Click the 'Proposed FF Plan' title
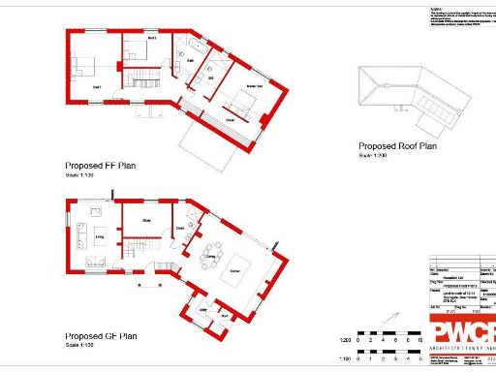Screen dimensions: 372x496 coord(101,166)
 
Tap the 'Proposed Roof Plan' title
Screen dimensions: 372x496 coord(397,147)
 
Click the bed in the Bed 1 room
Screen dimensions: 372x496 coord(82,67)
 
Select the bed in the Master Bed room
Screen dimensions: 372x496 coord(239,96)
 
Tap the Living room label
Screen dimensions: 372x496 coord(98,233)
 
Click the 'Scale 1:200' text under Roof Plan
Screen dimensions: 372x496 coord(373,155)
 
